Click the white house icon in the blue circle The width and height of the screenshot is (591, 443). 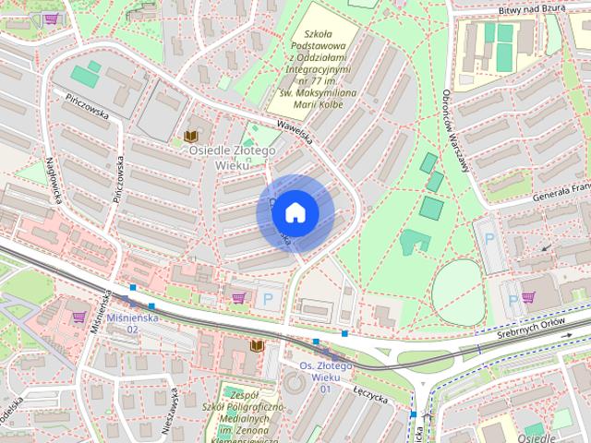(x=295, y=213)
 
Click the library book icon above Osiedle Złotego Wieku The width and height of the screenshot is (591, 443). (x=192, y=135)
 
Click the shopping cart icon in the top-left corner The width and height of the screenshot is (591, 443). (x=52, y=18)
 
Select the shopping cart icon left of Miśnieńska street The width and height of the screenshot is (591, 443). (x=78, y=317)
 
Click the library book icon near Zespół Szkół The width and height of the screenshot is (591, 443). (x=258, y=345)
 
